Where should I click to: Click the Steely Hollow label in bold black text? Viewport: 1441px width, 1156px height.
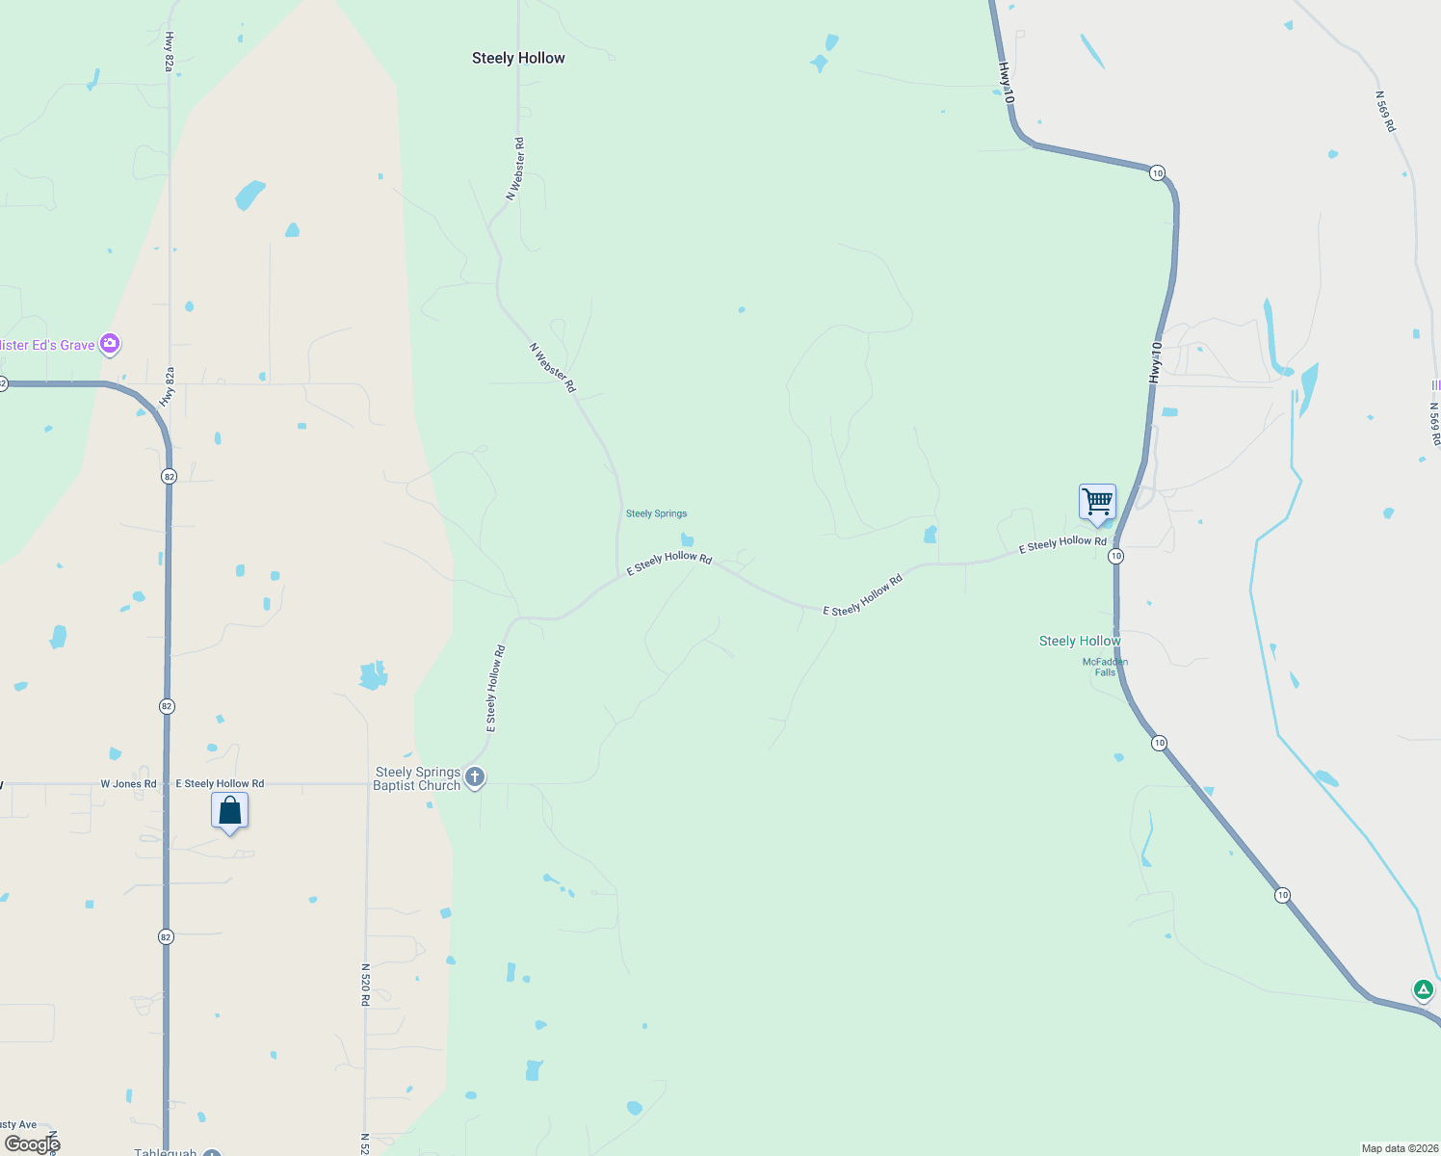(518, 58)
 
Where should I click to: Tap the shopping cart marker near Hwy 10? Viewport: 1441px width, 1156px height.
(1097, 502)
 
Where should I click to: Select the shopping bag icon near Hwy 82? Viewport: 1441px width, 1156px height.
(229, 810)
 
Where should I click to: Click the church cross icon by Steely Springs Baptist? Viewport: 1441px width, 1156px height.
(474, 777)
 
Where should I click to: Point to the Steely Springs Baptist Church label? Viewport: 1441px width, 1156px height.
(417, 778)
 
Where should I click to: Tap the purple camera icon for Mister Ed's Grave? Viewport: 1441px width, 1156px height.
(110, 343)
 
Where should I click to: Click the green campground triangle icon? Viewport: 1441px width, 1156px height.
(1423, 989)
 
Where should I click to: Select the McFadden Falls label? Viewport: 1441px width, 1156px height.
(1105, 667)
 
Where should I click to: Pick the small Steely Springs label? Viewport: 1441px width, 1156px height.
(656, 513)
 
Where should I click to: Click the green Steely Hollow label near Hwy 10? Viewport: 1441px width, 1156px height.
(1080, 641)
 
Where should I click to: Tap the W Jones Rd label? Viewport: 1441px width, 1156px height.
(128, 784)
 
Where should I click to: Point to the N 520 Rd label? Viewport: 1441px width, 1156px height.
(366, 985)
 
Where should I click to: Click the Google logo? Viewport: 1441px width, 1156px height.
(33, 1144)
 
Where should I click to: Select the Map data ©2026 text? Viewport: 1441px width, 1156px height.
(1399, 1148)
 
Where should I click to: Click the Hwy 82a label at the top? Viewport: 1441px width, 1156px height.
(170, 51)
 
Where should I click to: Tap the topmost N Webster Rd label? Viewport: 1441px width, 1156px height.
(516, 169)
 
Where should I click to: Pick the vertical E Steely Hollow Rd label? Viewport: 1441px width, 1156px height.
(495, 689)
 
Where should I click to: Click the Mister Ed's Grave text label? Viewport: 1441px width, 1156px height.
(47, 345)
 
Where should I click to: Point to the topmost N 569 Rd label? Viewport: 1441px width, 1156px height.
(1385, 112)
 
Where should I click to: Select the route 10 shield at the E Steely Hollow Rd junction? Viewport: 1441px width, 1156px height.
(1115, 556)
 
